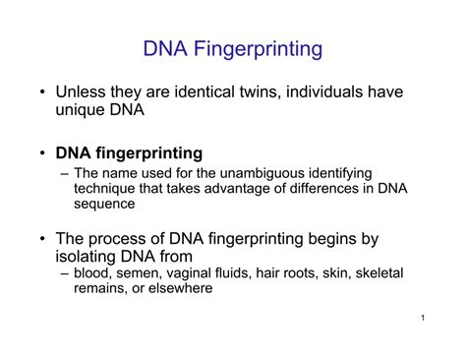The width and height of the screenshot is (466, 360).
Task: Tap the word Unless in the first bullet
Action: pyautogui.click(x=82, y=93)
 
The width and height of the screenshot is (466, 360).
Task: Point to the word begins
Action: pyautogui.click(x=339, y=239)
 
